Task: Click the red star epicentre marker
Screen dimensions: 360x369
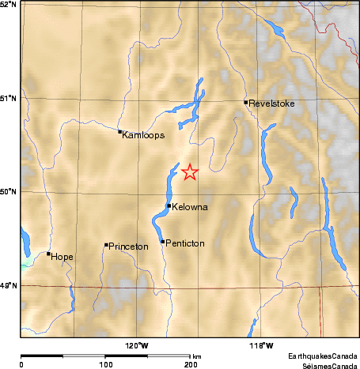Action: click(190, 171)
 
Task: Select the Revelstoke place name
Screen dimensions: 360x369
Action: click(272, 102)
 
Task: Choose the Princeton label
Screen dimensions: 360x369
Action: click(128, 247)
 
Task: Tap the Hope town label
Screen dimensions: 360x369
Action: click(62, 257)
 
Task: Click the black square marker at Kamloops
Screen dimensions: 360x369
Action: click(119, 132)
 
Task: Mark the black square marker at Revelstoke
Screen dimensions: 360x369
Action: click(246, 102)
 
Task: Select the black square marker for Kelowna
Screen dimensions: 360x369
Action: click(169, 205)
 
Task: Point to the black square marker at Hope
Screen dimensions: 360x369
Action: click(49, 254)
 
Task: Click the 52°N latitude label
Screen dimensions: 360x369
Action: click(9, 5)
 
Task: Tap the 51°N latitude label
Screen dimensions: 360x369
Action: click(9, 98)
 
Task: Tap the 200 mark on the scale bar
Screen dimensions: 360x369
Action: click(191, 365)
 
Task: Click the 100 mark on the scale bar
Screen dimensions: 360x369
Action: click(105, 365)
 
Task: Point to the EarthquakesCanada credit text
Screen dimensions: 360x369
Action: click(322, 356)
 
